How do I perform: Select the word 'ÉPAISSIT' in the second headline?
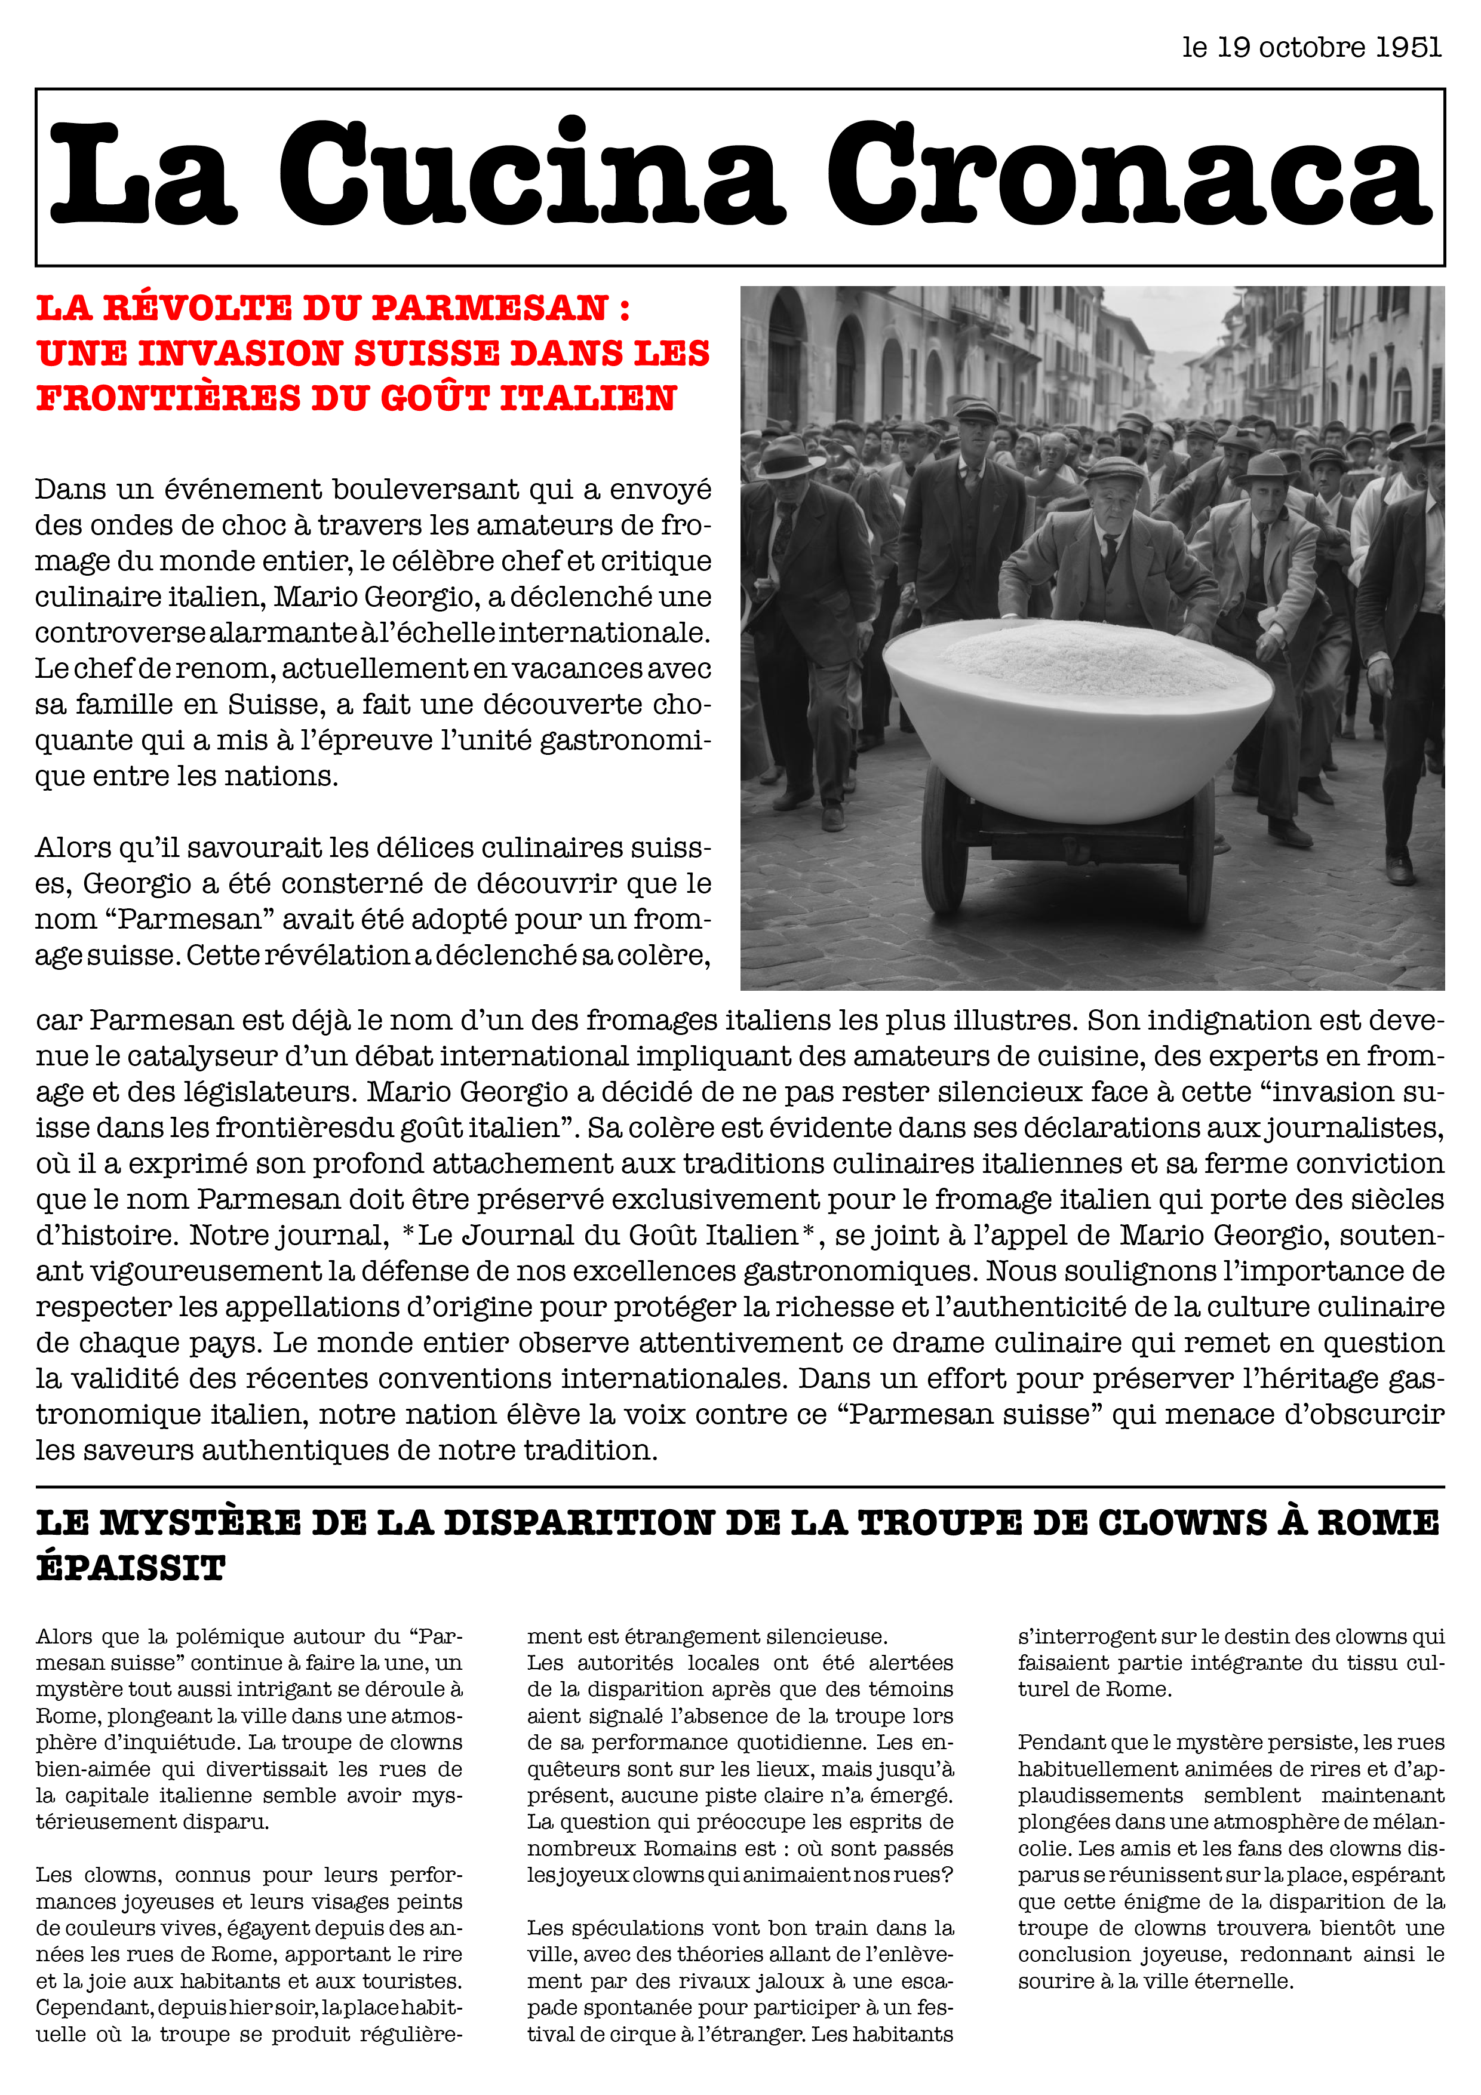click(131, 1568)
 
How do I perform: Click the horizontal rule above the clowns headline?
click(740, 1486)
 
